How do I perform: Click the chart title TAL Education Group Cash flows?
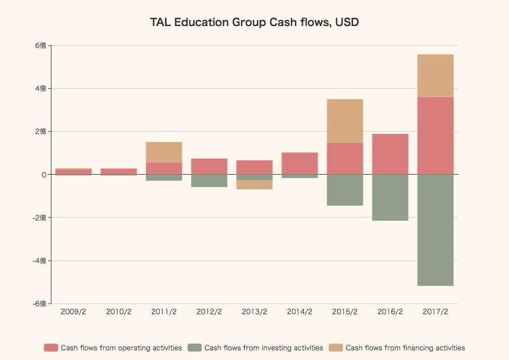(254, 23)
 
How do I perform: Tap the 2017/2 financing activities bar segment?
(435, 76)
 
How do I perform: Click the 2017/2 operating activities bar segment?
(435, 136)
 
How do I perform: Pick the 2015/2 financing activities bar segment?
(345, 121)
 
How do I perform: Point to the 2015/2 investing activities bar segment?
(345, 190)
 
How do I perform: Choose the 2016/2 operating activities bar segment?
(390, 154)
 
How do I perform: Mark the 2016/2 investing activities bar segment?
(390, 197)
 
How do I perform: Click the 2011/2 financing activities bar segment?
(164, 152)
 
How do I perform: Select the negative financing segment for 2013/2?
(254, 185)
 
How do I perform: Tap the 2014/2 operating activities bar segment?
(299, 163)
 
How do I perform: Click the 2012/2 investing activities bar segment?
(209, 181)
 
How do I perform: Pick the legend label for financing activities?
(405, 348)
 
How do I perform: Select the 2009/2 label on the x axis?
(73, 312)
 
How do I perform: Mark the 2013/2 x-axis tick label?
(254, 312)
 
